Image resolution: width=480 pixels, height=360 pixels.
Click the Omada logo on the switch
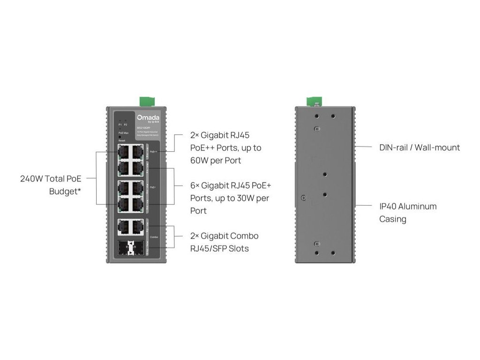click(148, 117)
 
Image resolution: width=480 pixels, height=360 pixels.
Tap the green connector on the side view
click(313, 101)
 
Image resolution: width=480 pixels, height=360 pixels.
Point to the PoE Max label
click(123, 134)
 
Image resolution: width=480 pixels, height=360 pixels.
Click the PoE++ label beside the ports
click(153, 152)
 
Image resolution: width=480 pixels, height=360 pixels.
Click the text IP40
click(388, 206)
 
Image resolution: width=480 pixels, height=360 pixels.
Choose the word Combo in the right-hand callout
click(244, 236)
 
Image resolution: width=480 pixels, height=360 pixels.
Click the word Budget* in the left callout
click(65, 191)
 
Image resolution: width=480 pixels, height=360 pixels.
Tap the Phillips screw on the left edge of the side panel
click(303, 197)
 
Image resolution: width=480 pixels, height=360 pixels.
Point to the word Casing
click(393, 219)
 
